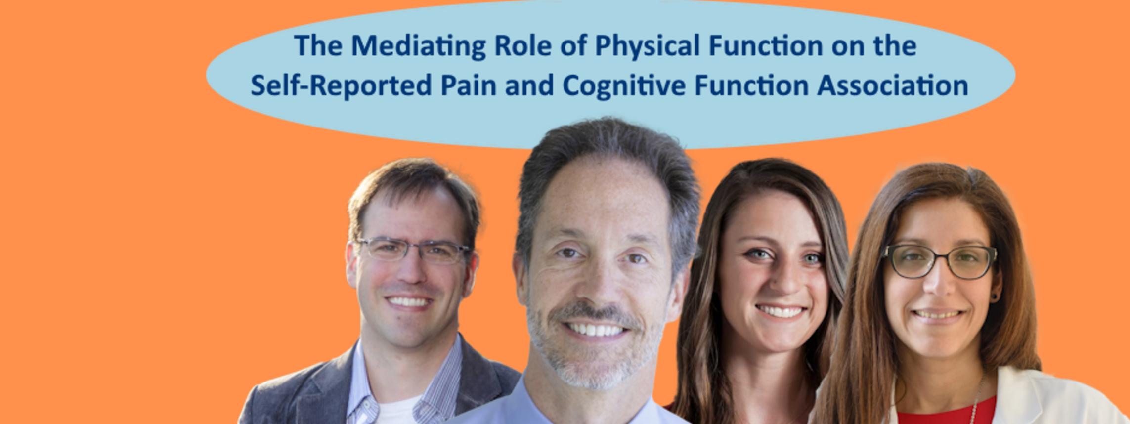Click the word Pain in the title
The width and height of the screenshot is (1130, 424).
[469, 85]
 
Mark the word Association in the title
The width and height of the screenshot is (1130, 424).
[892, 85]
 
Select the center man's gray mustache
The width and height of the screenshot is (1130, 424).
[595, 315]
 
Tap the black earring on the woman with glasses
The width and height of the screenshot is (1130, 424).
[995, 297]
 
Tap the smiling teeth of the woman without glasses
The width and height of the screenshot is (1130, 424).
[782, 312]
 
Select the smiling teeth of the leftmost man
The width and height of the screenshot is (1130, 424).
[409, 301]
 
